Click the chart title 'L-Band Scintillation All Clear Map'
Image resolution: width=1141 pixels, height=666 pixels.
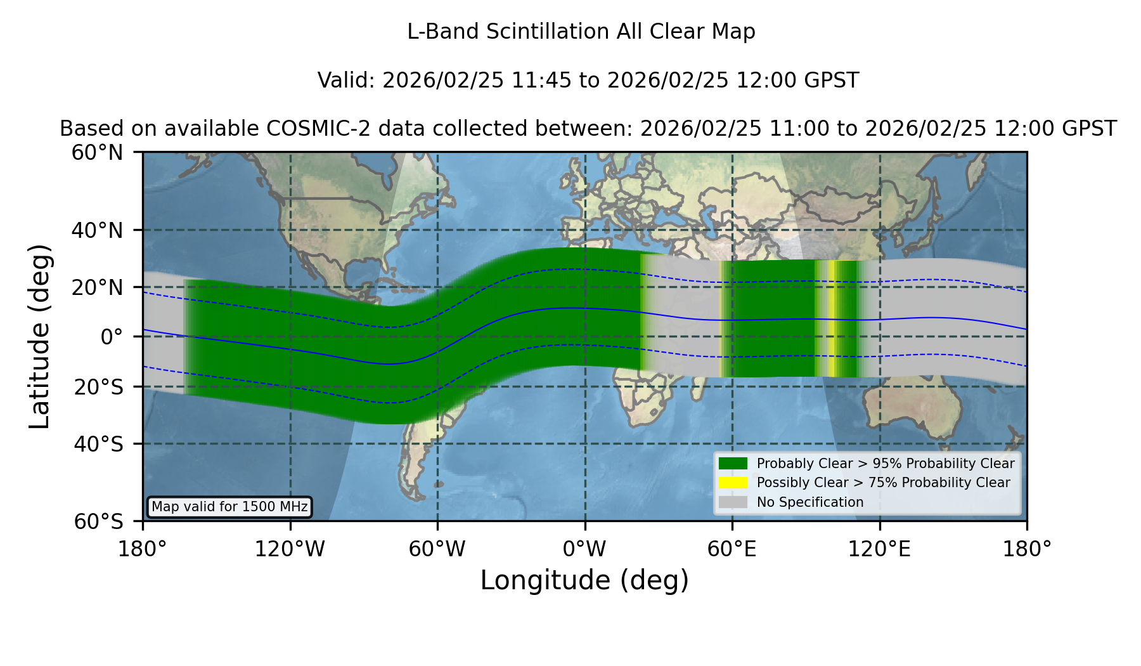581,32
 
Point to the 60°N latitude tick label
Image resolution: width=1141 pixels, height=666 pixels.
97,152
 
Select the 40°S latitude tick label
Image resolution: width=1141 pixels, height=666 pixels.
98,444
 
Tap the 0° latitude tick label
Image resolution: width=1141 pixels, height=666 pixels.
112,336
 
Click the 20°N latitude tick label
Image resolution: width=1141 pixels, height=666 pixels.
97,287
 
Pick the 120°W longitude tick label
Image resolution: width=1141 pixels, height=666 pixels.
290,549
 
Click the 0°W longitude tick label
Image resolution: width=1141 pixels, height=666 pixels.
584,549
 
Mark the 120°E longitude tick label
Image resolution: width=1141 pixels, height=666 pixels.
879,549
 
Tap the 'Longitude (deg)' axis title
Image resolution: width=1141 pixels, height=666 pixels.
584,580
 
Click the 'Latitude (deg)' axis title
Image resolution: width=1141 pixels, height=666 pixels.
39,336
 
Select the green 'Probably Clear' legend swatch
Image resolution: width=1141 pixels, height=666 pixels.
733,464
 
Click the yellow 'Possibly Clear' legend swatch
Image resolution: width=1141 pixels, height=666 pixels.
733,483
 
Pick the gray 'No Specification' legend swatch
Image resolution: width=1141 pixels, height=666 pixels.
733,502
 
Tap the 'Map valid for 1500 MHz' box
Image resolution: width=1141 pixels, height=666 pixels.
229,507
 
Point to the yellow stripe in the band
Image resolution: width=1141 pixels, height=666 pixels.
831,318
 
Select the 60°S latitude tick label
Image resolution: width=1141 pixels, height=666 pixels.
98,521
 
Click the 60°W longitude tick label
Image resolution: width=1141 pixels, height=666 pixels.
437,549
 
